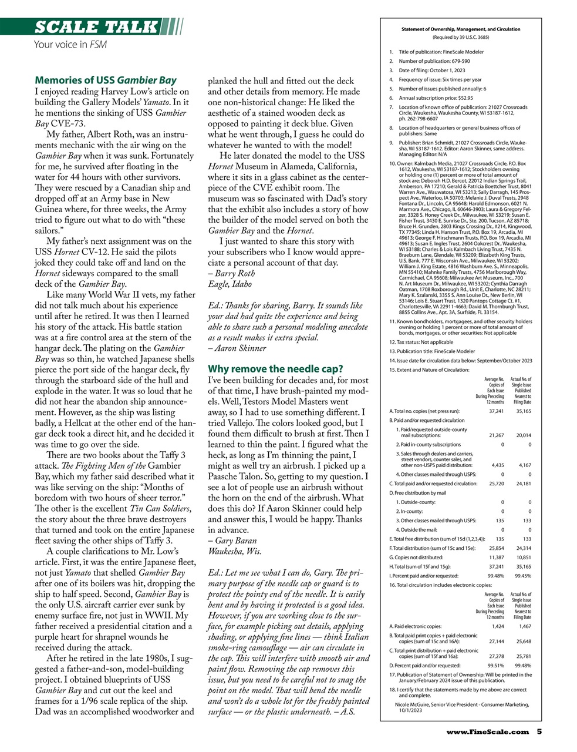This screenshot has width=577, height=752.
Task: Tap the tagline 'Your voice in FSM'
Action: click(x=70, y=45)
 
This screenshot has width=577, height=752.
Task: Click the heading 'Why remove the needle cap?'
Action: click(x=275, y=369)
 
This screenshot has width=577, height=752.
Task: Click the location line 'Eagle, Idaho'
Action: click(x=230, y=284)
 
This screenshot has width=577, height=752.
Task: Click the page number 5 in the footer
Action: click(x=538, y=731)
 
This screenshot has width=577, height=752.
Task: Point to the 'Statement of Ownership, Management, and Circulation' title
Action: click(x=460, y=29)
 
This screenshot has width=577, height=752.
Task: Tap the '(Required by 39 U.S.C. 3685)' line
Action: click(x=460, y=37)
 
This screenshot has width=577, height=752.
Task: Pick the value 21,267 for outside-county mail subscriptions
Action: click(x=495, y=435)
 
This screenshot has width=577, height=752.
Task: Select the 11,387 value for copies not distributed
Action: click(x=495, y=557)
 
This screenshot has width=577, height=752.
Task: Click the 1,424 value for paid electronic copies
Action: click(x=497, y=626)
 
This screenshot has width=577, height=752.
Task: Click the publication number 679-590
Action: click(x=457, y=61)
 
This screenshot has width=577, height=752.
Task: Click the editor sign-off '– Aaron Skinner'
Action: click(x=237, y=348)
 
